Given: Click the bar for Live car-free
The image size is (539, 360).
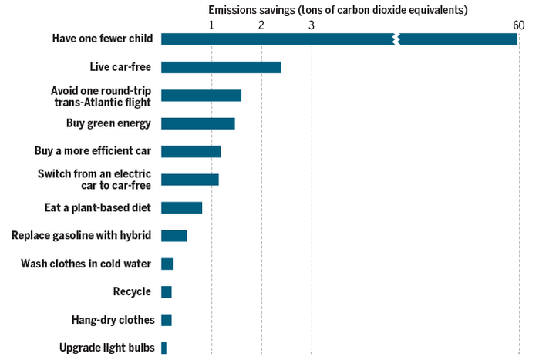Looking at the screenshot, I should point(221,67).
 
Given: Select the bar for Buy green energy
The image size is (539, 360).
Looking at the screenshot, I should point(197,123).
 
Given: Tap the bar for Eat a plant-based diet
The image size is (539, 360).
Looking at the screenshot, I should point(181,207).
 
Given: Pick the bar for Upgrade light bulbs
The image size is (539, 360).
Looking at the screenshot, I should point(163,348).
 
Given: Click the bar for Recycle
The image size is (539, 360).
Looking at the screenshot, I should point(166,291).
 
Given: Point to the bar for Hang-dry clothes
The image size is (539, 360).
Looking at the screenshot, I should point(166,320).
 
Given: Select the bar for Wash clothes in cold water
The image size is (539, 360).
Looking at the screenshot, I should point(167,264).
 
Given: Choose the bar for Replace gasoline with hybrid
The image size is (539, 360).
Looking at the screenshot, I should point(173,236).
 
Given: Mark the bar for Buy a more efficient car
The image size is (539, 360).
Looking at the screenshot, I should point(190,151).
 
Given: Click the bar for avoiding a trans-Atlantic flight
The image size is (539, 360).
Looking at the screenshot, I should point(200,96).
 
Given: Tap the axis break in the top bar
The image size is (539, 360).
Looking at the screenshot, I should point(396,39).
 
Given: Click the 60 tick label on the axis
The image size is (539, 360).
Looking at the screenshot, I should point(518,25).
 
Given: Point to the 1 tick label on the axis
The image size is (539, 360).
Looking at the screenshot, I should point(211,25).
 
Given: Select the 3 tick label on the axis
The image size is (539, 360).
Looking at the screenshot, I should point(312,25).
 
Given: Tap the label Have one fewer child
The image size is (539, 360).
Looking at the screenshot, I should point(102,39).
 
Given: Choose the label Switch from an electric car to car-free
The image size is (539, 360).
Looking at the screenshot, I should point(94,179).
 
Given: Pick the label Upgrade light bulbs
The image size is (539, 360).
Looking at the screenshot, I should point(107,348).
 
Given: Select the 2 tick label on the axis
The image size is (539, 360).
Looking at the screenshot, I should point(261,25).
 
